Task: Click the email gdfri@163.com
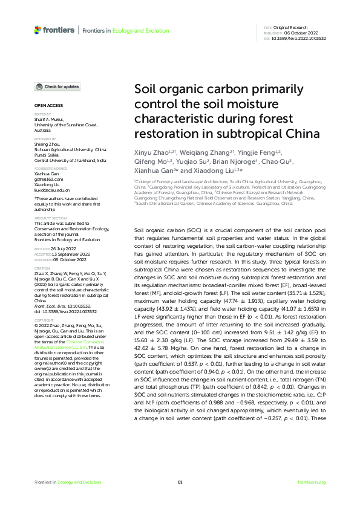[x=48, y=180]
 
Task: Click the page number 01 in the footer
[x=180, y=482]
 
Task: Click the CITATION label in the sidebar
[x=42, y=267]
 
